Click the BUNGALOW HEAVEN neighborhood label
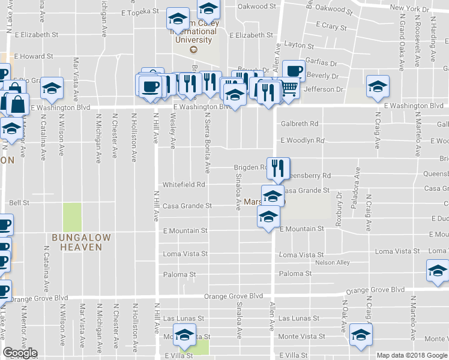(x=81, y=242)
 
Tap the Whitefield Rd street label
(x=184, y=185)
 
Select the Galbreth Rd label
(x=299, y=124)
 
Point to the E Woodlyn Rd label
(x=302, y=140)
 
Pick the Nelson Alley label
(x=332, y=263)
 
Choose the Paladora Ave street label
(x=358, y=182)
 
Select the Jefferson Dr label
(x=324, y=89)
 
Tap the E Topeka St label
(x=139, y=11)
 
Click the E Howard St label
(x=34, y=56)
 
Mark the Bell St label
(x=19, y=203)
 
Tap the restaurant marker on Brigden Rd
(x=277, y=169)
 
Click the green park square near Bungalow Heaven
(x=72, y=216)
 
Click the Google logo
(x=20, y=353)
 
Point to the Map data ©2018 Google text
(x=411, y=355)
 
